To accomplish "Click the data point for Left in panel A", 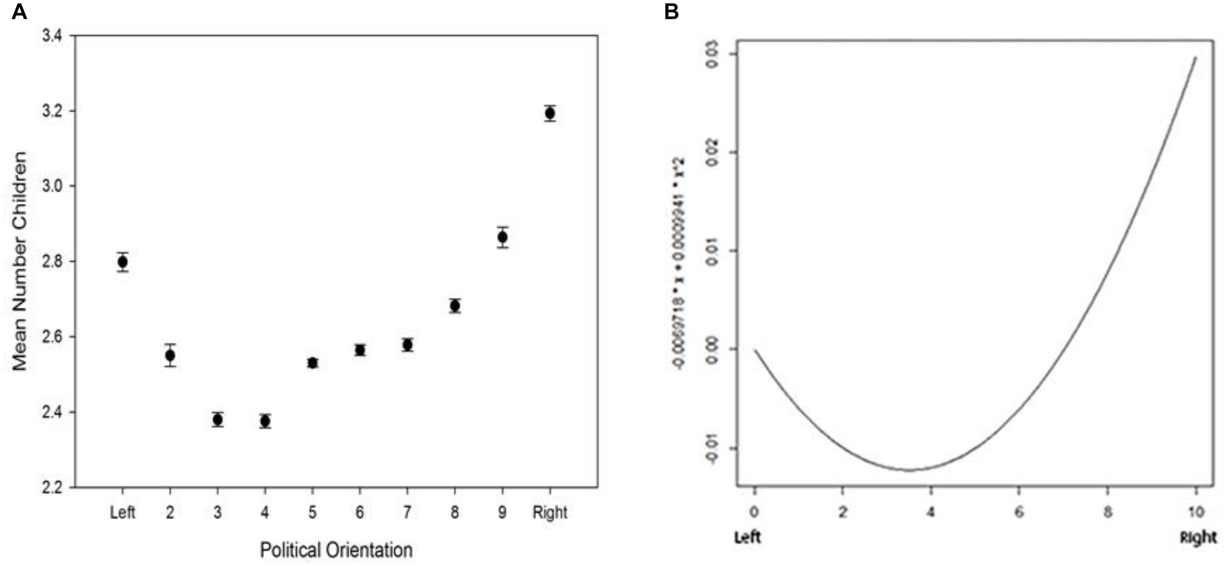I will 123,262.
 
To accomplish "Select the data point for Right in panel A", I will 550,113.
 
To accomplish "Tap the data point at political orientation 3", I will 218,420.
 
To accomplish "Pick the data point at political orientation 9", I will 502,238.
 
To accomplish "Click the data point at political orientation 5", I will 312,363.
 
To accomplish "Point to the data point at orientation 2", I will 170,355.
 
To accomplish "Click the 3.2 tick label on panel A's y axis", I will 52,111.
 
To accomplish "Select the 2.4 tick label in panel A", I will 52,412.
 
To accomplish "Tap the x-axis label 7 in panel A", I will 407,512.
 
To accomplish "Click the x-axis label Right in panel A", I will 550,512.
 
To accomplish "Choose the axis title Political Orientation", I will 336,550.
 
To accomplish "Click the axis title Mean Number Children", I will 19,261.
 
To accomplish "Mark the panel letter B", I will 671,11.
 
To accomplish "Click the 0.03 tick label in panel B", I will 712,54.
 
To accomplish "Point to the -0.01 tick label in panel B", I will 712,448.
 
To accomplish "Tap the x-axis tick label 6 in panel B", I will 1019,512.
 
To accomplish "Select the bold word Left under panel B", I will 747,538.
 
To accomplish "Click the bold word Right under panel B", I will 1198,538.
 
